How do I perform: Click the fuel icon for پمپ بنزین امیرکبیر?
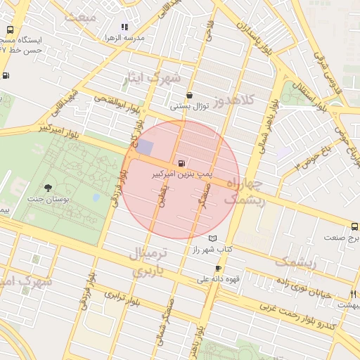(183, 162)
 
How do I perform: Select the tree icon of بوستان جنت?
(48, 188)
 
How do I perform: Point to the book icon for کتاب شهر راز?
(223, 238)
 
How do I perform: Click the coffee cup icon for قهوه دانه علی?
(218, 268)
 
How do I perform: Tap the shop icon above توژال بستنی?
(189, 96)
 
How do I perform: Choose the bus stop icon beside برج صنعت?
(354, 226)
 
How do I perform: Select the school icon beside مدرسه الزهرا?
(124, 27)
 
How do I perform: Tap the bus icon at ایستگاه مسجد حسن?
(10, 30)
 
